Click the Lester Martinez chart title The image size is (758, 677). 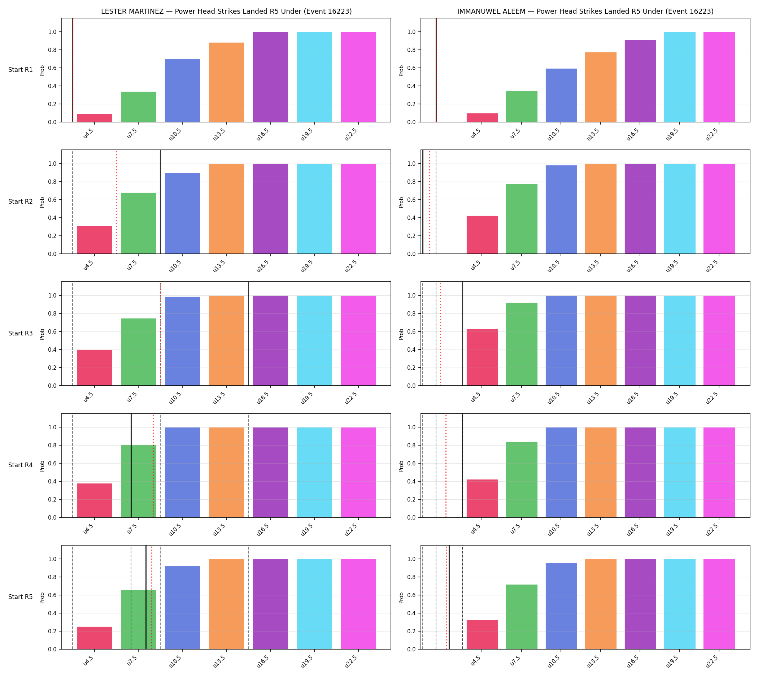coord(226,11)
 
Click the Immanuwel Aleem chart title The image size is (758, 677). coord(585,11)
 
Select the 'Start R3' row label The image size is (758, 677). coord(21,333)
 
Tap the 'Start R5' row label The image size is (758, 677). coord(21,596)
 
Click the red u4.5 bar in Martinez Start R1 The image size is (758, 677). coord(95,118)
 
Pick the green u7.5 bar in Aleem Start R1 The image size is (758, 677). coord(522,107)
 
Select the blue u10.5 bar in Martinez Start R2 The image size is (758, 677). coord(182,213)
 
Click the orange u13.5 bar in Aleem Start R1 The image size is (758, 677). coord(600,87)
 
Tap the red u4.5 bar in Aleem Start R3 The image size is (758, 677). coord(482,357)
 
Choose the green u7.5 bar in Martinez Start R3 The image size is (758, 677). coord(138,352)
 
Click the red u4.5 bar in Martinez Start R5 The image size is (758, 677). coord(95,638)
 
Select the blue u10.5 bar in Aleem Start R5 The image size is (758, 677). coord(561,606)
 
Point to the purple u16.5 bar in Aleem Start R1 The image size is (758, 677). coord(640,81)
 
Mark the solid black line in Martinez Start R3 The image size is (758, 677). coord(248,334)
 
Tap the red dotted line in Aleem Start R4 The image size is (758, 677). coord(446,465)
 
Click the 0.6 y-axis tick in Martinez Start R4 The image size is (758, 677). coord(52,464)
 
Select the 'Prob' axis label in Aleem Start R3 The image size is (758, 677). coord(401,334)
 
